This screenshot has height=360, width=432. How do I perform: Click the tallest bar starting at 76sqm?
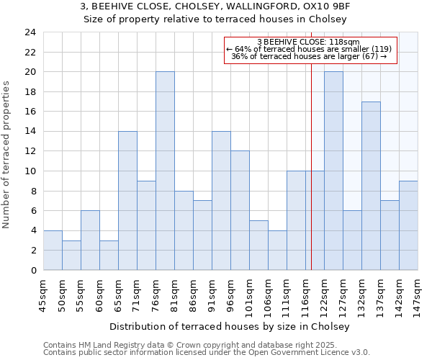click(x=165, y=171)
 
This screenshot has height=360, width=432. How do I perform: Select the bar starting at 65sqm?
click(x=127, y=201)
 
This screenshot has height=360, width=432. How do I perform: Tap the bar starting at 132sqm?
click(x=371, y=186)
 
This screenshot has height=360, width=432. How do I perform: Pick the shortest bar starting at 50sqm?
click(x=71, y=255)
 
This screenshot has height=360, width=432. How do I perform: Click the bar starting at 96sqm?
click(x=240, y=210)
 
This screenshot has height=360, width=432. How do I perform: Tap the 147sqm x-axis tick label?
click(x=418, y=295)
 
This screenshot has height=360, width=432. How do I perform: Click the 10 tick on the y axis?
click(x=30, y=171)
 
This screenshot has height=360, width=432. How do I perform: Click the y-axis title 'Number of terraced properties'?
click(x=7, y=155)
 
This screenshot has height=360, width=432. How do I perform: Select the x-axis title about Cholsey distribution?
click(x=230, y=326)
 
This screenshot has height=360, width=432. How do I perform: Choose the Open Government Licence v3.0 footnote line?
click(x=207, y=353)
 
